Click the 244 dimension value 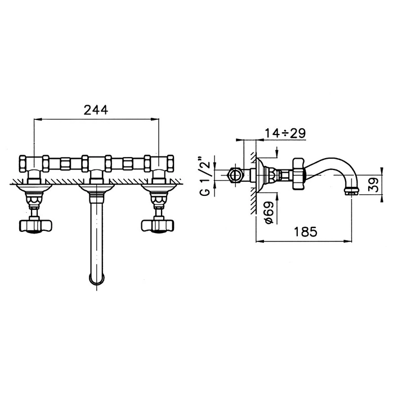(x=96, y=110)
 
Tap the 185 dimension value (x=306, y=231)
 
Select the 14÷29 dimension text (x=285, y=133)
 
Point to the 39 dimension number (x=374, y=185)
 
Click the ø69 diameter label (x=268, y=213)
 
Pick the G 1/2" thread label (x=205, y=176)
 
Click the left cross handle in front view (x=35, y=226)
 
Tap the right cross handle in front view (x=158, y=226)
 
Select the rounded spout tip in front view (x=96, y=279)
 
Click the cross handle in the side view (x=298, y=173)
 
